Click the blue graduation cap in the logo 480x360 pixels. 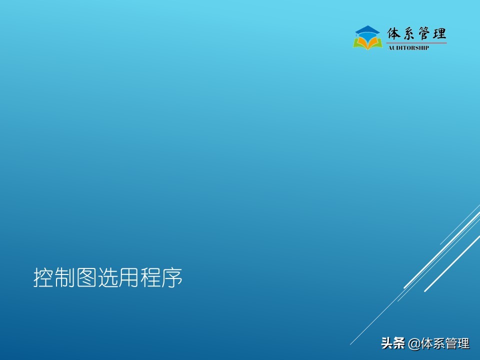click(367, 31)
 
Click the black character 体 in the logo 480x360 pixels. click(394, 34)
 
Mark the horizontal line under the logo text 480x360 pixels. click(416, 43)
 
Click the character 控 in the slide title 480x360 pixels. click(43, 278)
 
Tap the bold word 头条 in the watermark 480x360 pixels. click(392, 344)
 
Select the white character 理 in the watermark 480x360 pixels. click(463, 344)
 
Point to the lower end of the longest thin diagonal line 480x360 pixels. click(350, 344)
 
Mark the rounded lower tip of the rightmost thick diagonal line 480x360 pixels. click(425, 290)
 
